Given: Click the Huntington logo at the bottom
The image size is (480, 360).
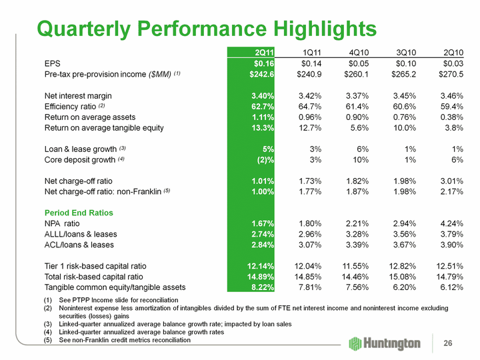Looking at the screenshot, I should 385,343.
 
